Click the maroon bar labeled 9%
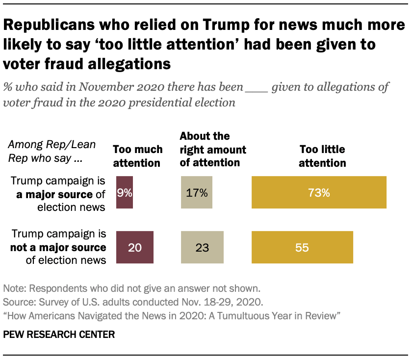pyautogui.click(x=125, y=193)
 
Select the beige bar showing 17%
pyautogui.click(x=196, y=193)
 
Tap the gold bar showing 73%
pyautogui.click(x=319, y=193)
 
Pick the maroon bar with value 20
pyautogui.click(x=135, y=248)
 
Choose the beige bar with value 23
pyautogui.click(x=203, y=248)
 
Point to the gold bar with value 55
pyautogui.click(x=302, y=248)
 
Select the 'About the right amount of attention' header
pyautogui.click(x=213, y=149)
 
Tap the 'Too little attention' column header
pyautogui.click(x=322, y=155)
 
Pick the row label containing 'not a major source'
pyautogui.click(x=59, y=247)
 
